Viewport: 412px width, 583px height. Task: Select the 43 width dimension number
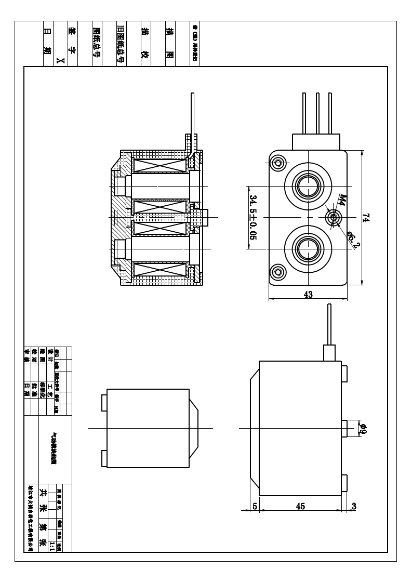click(x=308, y=294)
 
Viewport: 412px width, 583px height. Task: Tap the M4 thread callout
click(x=343, y=201)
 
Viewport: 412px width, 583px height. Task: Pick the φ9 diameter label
click(x=363, y=429)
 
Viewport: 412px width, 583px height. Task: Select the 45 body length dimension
click(x=300, y=506)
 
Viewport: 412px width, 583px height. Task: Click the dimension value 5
click(x=255, y=506)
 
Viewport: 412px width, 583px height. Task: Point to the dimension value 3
click(x=354, y=506)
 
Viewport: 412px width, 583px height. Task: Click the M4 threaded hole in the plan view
click(x=333, y=217)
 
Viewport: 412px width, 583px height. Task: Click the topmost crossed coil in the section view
click(x=160, y=166)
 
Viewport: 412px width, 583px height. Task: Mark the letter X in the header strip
click(x=60, y=61)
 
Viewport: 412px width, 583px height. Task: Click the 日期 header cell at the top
click(x=47, y=44)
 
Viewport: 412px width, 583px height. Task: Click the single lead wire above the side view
click(x=328, y=324)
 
